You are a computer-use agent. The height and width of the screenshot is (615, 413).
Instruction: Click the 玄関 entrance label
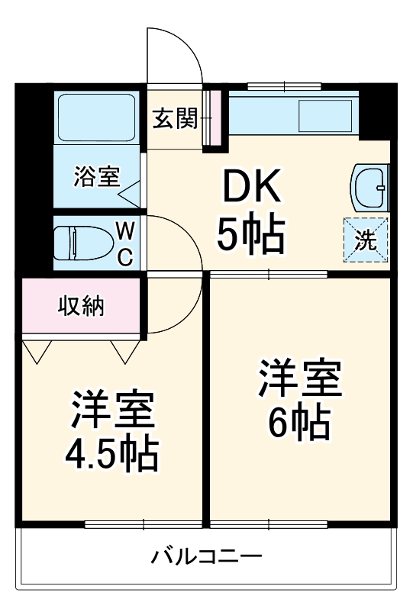(175, 118)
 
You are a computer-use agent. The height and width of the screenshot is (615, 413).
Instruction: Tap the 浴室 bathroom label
(97, 177)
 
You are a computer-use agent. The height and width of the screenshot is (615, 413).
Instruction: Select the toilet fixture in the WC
(86, 243)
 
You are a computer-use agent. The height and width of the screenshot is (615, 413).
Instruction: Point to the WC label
(125, 243)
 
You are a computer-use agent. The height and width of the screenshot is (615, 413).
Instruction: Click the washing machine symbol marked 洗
(366, 240)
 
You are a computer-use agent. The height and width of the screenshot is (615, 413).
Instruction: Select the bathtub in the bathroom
(97, 118)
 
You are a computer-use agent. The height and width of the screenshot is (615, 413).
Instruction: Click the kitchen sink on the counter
(324, 114)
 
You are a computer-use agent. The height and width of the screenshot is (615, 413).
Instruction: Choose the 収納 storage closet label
(82, 307)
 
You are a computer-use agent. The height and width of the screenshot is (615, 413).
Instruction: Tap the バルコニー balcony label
(206, 555)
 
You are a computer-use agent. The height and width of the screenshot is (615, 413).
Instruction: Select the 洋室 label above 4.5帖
(114, 411)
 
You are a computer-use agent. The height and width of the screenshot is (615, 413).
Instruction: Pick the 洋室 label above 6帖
(299, 378)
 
